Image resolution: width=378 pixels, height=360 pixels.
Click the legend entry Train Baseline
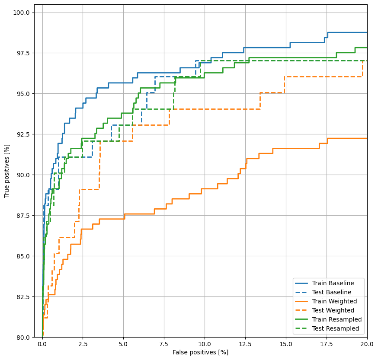click(333, 283)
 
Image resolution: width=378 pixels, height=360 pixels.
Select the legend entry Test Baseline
click(332, 292)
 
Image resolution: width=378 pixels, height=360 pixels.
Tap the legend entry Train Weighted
click(334, 301)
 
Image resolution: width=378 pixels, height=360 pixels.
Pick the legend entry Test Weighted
click(333, 310)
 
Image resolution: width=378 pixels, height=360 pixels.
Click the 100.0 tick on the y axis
click(21, 13)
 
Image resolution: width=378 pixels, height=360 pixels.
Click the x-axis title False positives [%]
click(200, 353)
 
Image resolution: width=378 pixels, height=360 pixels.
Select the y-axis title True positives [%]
click(7, 175)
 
